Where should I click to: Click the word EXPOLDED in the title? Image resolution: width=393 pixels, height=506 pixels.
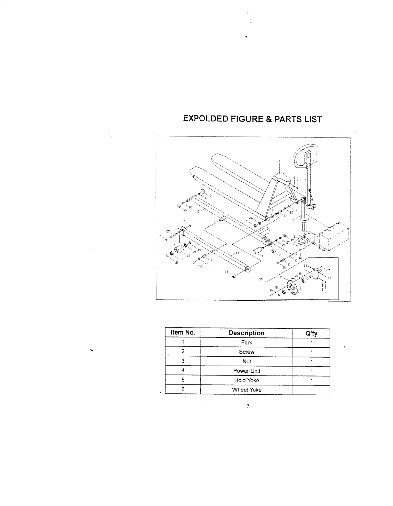(x=205, y=119)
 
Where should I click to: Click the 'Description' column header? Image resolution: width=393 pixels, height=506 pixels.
(x=246, y=333)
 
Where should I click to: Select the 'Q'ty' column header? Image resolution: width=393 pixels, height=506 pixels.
(x=311, y=333)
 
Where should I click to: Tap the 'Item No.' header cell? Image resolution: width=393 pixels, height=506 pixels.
(x=183, y=333)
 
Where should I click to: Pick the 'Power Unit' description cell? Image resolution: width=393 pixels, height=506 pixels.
(x=246, y=371)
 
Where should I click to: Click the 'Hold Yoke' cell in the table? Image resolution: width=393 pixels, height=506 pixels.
(x=246, y=380)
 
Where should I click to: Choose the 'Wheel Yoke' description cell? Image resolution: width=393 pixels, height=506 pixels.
(x=246, y=390)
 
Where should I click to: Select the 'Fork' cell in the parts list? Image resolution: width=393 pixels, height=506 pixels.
(x=246, y=343)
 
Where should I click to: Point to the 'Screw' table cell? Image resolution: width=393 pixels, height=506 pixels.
(x=246, y=352)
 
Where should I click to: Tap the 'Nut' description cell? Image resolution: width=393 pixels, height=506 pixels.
(x=246, y=361)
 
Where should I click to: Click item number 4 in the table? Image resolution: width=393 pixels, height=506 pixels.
(x=183, y=370)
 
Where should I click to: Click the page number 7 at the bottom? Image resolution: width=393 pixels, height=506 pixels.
(x=247, y=407)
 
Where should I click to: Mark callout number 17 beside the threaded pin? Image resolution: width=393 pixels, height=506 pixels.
(x=285, y=216)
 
